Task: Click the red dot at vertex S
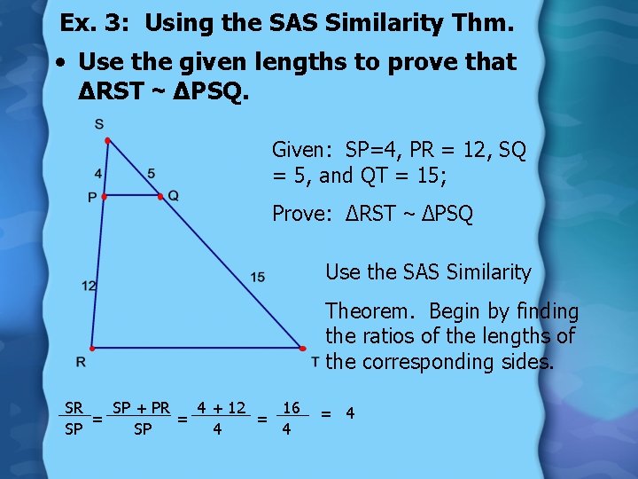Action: pyautogui.click(x=106, y=141)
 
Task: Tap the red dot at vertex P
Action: pyautogui.click(x=103, y=196)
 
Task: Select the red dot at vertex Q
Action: pyautogui.click(x=160, y=196)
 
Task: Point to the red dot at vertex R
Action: pyautogui.click(x=90, y=349)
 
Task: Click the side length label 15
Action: pyautogui.click(x=257, y=278)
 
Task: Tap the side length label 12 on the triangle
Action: pyautogui.click(x=89, y=285)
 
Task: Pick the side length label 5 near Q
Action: pyautogui.click(x=152, y=173)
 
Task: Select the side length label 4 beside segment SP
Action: pyautogui.click(x=97, y=173)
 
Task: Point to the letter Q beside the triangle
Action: pyautogui.click(x=174, y=196)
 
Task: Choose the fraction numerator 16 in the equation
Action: pyautogui.click(x=290, y=408)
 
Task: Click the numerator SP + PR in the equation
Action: pyautogui.click(x=141, y=408)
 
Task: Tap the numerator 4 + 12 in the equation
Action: pyautogui.click(x=222, y=408)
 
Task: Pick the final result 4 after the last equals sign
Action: pyautogui.click(x=350, y=413)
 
